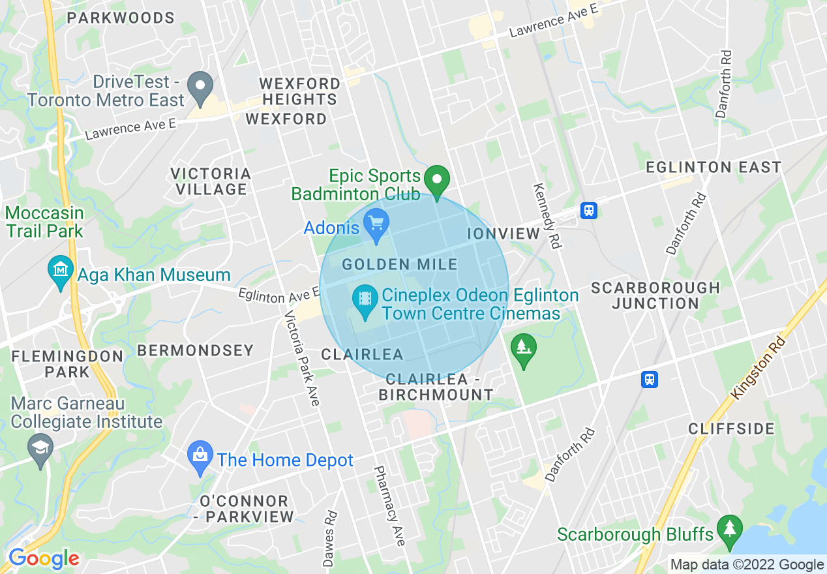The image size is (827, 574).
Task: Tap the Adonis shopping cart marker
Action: click(376, 224)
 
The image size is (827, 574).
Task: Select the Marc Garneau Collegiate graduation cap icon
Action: click(40, 448)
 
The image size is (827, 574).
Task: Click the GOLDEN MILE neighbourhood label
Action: click(399, 265)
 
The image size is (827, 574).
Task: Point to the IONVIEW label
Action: click(504, 234)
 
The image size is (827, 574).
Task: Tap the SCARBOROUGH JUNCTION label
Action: click(655, 295)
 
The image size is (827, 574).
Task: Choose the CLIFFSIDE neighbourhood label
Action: click(732, 429)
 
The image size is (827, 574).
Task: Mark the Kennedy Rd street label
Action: click(547, 215)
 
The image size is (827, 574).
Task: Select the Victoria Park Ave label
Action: click(301, 358)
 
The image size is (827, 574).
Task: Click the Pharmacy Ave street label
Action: click(389, 506)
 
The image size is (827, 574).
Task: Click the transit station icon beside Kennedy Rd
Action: click(589, 210)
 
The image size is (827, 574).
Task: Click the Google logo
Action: click(44, 558)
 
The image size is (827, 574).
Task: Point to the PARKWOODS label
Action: click(121, 18)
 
